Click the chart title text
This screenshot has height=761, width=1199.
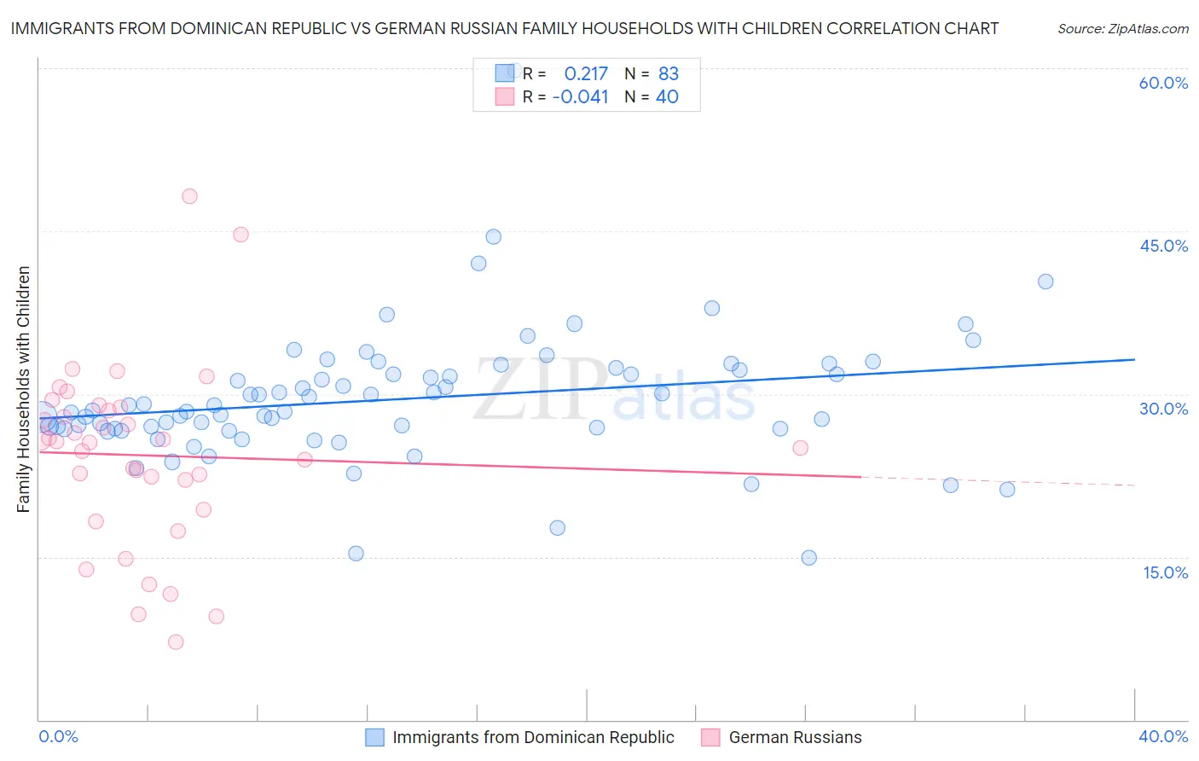(504, 28)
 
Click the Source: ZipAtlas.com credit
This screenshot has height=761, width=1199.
(1122, 28)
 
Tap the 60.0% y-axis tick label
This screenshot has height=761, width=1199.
(1163, 83)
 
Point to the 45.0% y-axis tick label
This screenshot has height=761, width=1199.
(1163, 246)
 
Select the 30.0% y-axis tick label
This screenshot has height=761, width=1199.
(1163, 409)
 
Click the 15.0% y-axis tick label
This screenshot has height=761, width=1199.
(1165, 572)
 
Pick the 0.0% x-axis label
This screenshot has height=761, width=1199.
(58, 736)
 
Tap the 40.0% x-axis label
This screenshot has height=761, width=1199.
(1163, 736)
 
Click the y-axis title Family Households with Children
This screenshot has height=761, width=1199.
(24, 389)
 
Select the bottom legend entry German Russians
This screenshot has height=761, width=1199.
(795, 737)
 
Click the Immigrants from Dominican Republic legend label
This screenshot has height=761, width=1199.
(533, 737)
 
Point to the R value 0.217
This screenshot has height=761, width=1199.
(586, 73)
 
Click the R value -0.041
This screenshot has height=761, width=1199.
(581, 97)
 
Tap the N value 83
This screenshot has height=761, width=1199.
(669, 73)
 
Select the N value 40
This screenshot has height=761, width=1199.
(667, 97)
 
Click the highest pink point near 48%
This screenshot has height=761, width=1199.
(189, 196)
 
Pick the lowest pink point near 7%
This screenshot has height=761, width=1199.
(176, 642)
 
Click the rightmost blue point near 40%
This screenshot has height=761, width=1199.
(1046, 282)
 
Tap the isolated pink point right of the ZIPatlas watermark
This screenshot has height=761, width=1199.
(800, 448)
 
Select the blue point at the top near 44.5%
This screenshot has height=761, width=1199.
(493, 236)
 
